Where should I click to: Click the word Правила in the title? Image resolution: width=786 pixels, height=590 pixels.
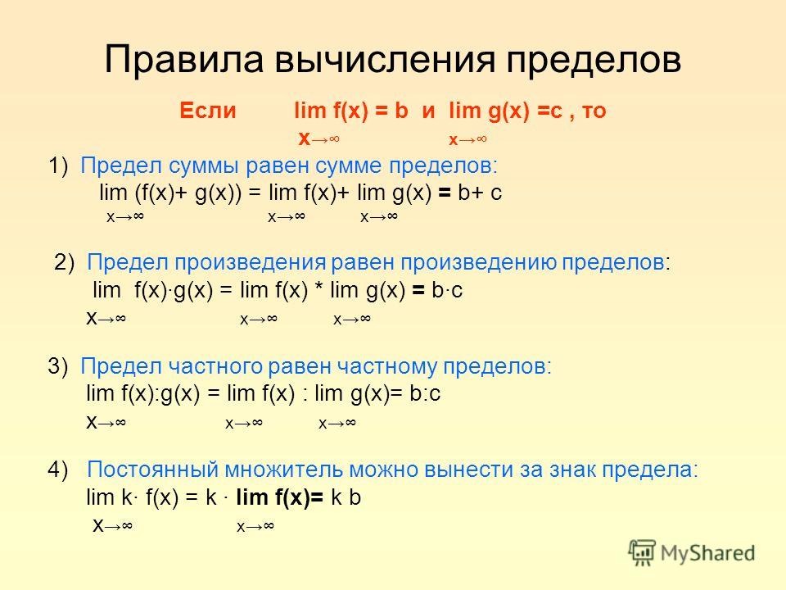click(x=184, y=60)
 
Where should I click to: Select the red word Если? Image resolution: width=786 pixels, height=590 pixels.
click(x=207, y=111)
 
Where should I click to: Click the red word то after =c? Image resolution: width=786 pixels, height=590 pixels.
click(x=594, y=111)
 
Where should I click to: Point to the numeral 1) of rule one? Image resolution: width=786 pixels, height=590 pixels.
click(x=57, y=166)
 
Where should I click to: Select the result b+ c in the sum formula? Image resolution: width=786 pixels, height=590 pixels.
click(x=480, y=193)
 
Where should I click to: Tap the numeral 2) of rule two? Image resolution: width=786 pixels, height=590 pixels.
click(x=64, y=262)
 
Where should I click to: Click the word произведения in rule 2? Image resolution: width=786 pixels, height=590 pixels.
click(x=251, y=263)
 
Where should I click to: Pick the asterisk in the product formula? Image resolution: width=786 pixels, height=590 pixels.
click(x=318, y=288)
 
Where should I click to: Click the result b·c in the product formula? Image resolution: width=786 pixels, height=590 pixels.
click(x=447, y=290)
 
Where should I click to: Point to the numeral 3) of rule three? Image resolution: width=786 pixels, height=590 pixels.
click(x=57, y=366)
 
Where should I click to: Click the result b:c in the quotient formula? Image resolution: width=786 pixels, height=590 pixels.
click(x=425, y=393)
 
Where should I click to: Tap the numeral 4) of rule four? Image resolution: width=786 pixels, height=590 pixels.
click(x=57, y=470)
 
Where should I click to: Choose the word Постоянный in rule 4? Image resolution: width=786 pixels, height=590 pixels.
click(x=153, y=470)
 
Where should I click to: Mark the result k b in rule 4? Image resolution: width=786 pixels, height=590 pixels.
click(x=346, y=497)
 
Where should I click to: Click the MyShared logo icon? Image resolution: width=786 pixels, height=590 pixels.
click(x=642, y=553)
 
